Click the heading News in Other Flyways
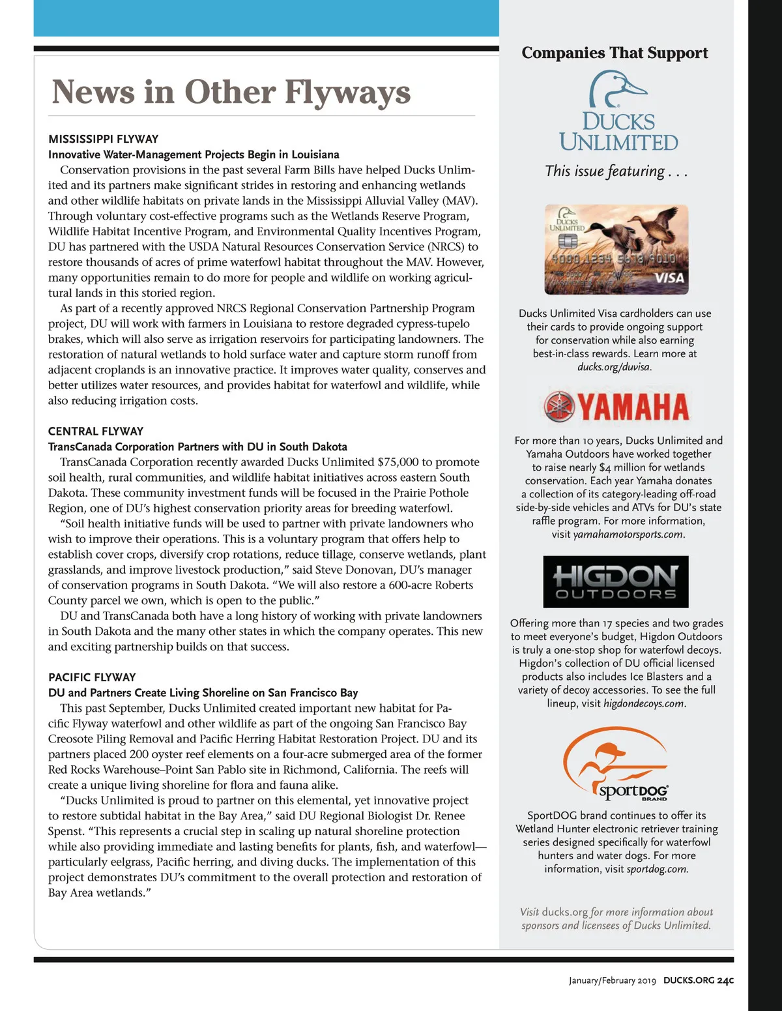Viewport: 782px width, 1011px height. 231,92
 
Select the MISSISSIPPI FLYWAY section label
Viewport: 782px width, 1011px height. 103,139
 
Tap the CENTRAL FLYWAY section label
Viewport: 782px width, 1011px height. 96,431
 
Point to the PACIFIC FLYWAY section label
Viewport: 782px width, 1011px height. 92,677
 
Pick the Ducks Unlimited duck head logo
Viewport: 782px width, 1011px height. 617,89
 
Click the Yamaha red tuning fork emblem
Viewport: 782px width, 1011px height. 558,407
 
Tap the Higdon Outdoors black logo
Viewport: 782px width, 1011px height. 615,581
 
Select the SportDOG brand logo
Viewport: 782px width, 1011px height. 615,763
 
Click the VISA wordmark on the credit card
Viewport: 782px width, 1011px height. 669,278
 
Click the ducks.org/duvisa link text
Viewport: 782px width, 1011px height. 614,367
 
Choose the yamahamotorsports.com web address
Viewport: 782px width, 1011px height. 628,535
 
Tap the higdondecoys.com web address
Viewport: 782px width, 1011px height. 644,703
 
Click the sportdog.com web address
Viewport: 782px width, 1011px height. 656,869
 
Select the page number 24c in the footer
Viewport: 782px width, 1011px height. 725,980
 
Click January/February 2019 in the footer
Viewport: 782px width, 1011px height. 612,980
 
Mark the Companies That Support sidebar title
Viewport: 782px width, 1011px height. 615,53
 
